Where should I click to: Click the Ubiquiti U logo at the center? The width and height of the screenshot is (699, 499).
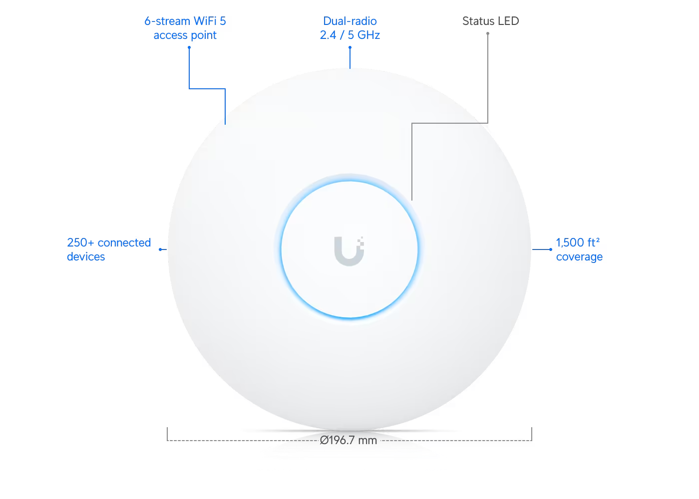point(349,251)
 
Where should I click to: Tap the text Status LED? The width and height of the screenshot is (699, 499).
point(490,21)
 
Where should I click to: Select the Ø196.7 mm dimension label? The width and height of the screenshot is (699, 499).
point(349,440)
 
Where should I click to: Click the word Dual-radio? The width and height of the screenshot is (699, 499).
point(350,21)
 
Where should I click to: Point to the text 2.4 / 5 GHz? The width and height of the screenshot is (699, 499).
point(350,35)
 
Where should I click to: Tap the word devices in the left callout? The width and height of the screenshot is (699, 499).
point(86,256)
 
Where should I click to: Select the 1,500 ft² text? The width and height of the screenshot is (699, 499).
point(578,243)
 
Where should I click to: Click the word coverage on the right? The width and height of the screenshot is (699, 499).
point(579,257)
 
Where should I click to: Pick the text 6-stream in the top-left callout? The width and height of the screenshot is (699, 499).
point(167,21)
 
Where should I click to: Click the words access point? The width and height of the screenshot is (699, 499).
point(185,35)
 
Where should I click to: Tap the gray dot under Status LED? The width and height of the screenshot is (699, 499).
point(488,33)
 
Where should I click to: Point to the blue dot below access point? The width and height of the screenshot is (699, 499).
point(189,47)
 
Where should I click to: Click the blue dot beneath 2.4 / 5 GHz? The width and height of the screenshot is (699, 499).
point(350,47)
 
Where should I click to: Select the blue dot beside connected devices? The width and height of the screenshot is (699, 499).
point(160,249)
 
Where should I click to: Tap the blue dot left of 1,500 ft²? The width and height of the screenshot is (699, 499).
point(550,249)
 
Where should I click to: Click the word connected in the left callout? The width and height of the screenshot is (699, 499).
point(124,243)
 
